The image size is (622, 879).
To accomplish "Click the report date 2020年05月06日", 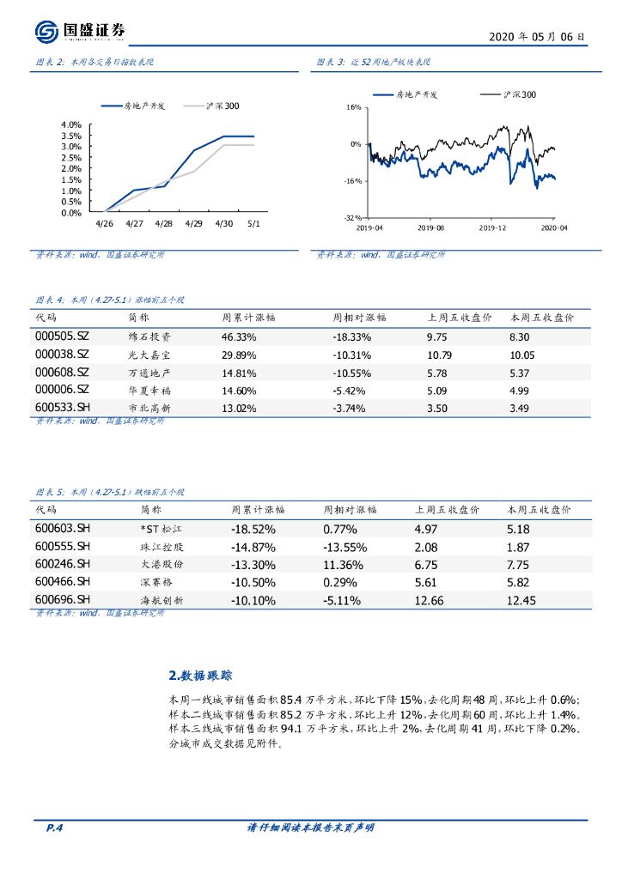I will (x=538, y=37).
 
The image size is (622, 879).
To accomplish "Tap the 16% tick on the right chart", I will (x=354, y=107).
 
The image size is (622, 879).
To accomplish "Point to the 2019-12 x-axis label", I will (x=492, y=228).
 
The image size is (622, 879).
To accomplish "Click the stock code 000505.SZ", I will (x=62, y=337).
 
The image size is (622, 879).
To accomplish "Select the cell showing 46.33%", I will (x=239, y=337).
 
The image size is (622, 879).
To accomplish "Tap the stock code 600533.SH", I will (x=62, y=408).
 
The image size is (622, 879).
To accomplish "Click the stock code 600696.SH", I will (x=63, y=599).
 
